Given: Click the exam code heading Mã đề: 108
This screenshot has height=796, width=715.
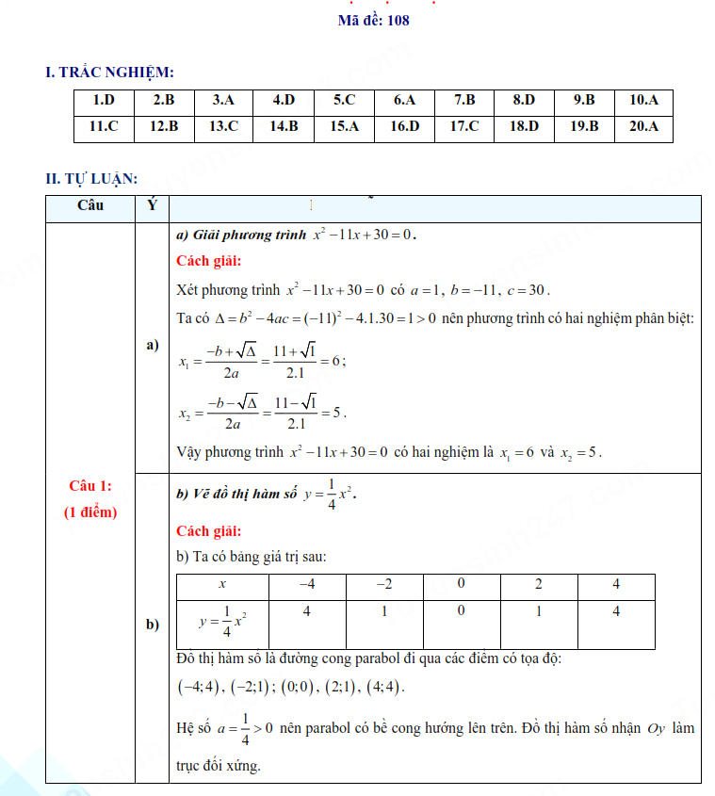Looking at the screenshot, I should click(373, 20).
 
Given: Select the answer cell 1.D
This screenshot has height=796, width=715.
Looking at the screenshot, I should click(104, 100).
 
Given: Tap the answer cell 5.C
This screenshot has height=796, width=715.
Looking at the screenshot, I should click(344, 100).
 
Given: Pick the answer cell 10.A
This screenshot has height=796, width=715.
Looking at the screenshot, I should click(644, 100).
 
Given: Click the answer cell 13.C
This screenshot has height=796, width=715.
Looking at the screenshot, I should click(223, 126).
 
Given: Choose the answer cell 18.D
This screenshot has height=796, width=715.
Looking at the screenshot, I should click(524, 126).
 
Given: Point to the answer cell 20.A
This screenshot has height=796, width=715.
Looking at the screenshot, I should click(644, 126).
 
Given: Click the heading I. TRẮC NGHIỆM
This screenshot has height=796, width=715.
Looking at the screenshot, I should click(109, 72).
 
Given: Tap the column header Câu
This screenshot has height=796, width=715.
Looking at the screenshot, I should click(90, 205).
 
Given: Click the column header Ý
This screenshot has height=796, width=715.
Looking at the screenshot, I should click(153, 205).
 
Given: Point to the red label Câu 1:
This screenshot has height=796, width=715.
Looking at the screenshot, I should click(90, 486).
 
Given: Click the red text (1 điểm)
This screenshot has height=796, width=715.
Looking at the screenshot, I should click(90, 512).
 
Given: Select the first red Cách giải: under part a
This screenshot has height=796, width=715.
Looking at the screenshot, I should click(208, 261).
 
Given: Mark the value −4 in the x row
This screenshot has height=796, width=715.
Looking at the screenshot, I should click(306, 585).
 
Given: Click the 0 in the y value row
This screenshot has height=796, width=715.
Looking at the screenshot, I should click(461, 611).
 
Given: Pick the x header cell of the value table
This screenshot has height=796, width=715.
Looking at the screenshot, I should click(222, 585).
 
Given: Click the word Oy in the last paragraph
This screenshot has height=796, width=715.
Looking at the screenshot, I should click(656, 728).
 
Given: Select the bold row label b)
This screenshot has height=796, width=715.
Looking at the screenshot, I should click(153, 625).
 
